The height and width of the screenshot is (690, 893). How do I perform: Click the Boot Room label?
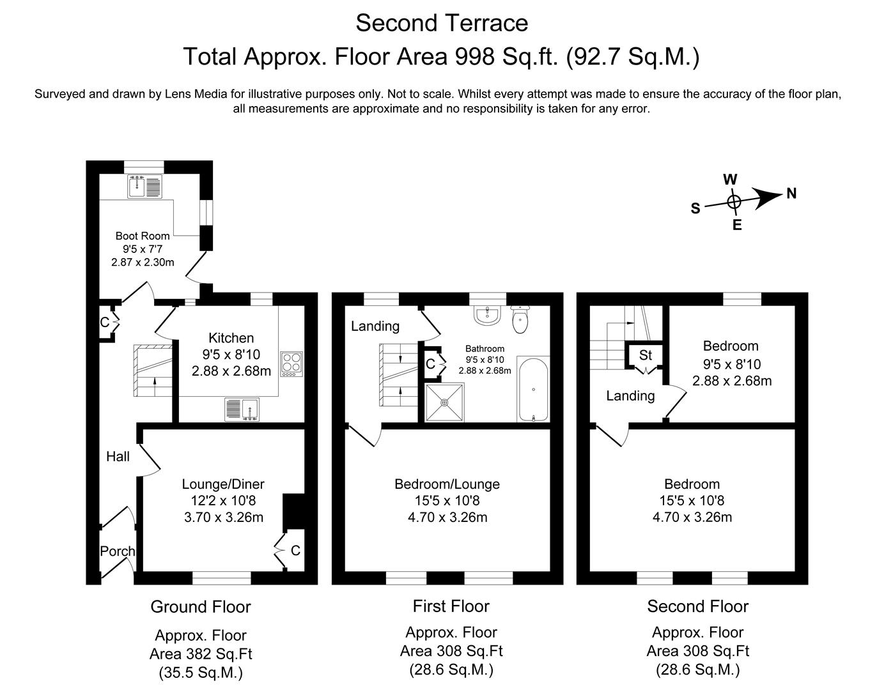tap(142, 236)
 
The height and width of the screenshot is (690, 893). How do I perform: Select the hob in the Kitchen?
tap(291, 364)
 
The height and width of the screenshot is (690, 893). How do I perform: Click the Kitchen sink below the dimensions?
tap(242, 410)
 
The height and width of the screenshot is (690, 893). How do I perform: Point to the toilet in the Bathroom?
tap(522, 319)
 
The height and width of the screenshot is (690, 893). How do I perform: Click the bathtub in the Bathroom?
tap(532, 389)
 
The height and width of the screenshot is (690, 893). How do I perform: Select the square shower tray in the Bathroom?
tap(444, 402)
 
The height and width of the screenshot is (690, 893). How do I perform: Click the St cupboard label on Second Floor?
tap(645, 355)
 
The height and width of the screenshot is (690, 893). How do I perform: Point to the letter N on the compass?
tap(791, 193)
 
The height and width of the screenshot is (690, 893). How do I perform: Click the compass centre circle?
tap(734, 202)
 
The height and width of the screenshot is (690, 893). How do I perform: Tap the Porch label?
tap(118, 551)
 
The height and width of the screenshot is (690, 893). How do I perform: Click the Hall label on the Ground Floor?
tap(118, 456)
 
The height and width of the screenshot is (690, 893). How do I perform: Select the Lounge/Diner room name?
tap(223, 484)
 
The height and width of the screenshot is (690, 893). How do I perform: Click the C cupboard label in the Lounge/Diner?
tap(295, 550)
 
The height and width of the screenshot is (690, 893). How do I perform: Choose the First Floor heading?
tap(451, 606)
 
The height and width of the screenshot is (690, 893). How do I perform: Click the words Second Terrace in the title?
tap(442, 23)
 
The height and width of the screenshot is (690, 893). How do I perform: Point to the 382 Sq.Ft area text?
tap(201, 654)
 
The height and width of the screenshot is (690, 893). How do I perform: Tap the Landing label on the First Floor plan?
tap(375, 326)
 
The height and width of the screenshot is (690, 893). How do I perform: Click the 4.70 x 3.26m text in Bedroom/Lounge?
tap(447, 517)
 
